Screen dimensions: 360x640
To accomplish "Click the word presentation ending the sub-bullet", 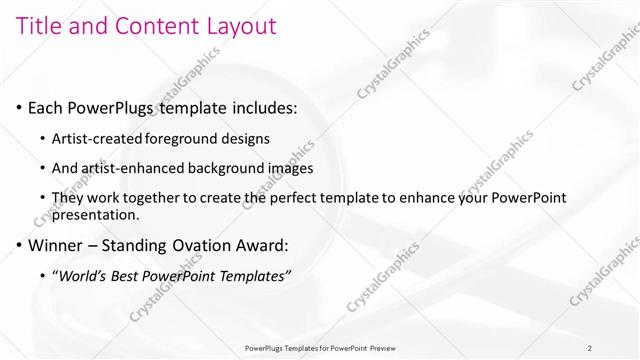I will coord(95,214).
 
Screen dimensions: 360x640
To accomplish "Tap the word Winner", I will coord(57,244).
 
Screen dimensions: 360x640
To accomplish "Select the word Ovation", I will coord(210,244).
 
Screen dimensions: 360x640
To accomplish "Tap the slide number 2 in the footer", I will coord(589,348).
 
